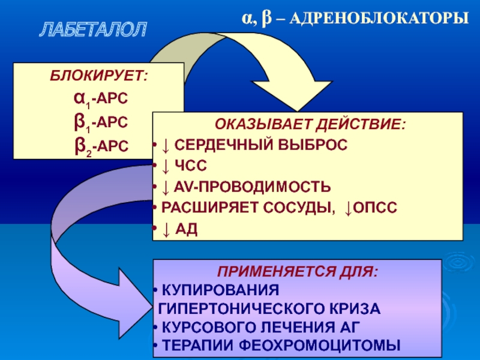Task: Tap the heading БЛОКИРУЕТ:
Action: (100, 76)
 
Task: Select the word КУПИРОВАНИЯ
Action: (222, 290)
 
